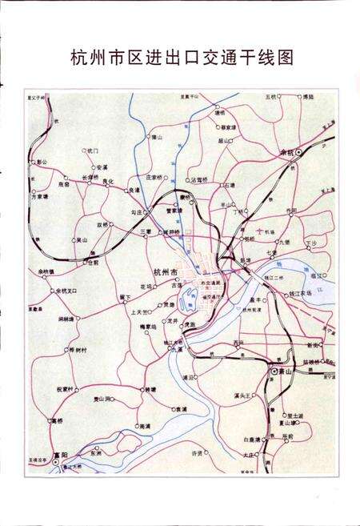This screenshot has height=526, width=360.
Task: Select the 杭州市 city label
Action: pos(163,271)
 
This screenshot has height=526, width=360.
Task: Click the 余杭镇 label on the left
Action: pos(46,272)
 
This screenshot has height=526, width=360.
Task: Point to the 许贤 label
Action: pos(197,453)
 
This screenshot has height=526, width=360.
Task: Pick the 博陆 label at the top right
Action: pos(307,97)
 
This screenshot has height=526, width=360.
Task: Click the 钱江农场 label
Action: pos(297,295)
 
